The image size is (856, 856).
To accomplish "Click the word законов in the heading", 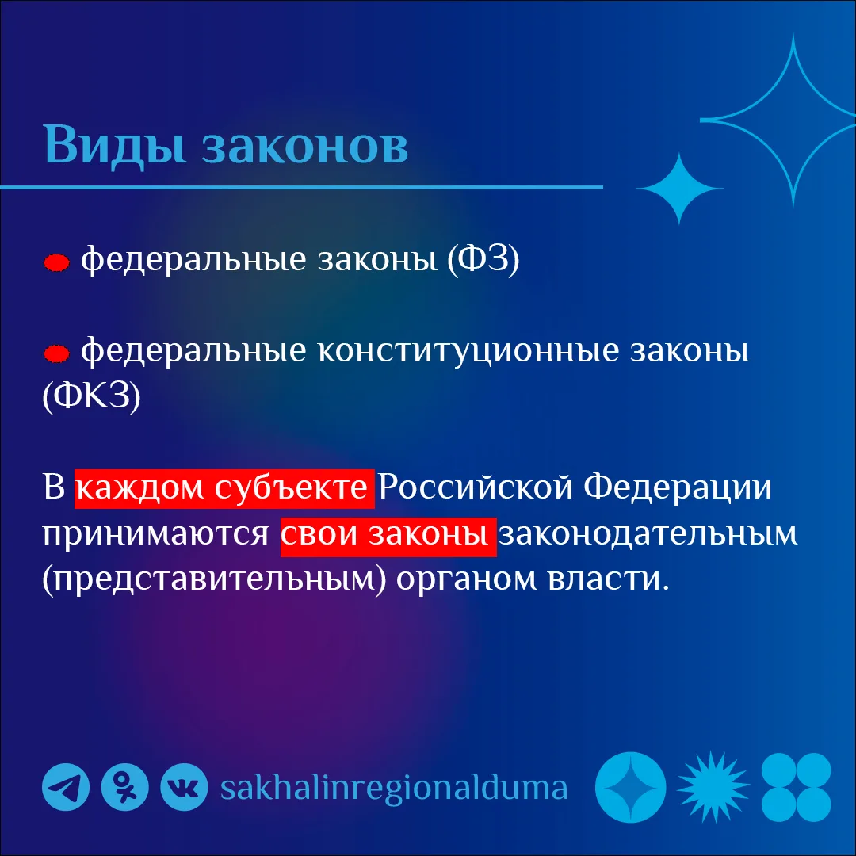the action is tap(305, 147).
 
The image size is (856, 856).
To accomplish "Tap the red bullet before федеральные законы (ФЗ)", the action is tap(57, 262).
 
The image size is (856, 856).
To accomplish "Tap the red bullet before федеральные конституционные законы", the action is tap(57, 353).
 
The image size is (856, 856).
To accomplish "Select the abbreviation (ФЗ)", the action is tap(483, 260).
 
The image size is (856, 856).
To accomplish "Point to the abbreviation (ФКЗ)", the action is tap(92, 396).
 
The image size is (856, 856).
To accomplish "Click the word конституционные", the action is tap(468, 351).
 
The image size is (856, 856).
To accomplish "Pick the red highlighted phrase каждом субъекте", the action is tap(224, 488).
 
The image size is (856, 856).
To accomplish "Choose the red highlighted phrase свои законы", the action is tap(388, 537).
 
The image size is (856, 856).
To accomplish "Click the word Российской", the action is tap(476, 487).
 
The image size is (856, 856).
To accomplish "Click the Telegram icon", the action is tap(66, 787).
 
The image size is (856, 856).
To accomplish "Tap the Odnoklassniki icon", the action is tap(125, 787).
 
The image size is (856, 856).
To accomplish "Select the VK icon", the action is tap(184, 787).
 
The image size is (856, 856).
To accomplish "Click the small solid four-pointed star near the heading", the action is tap(679, 189).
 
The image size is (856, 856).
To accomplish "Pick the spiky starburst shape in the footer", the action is tap(713, 787).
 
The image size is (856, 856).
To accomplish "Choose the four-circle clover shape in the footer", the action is tap(796, 787).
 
